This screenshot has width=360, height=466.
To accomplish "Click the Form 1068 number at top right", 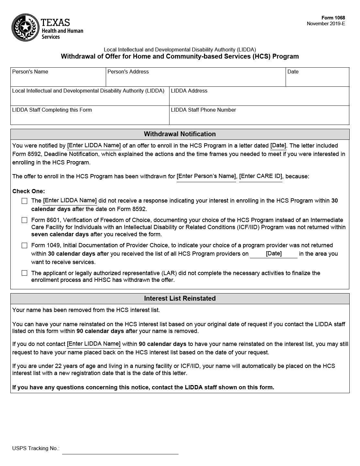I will [x=333, y=18].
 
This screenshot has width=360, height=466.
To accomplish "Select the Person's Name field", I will [x=58, y=80].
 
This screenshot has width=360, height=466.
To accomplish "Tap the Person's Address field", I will [x=196, y=80].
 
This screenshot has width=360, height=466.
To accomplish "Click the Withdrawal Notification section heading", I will [x=180, y=134].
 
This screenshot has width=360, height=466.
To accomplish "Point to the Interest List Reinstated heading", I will [x=180, y=298].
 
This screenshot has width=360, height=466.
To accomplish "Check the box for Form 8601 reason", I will [x=25, y=220].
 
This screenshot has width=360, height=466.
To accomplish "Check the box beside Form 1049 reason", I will [x=25, y=246].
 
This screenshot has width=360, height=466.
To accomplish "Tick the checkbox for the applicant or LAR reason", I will [x=25, y=273].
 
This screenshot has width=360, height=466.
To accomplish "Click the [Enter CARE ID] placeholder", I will [x=261, y=176].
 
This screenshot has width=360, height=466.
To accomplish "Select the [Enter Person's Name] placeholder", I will [x=206, y=176].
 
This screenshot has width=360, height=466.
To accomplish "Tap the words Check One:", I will [x=28, y=191].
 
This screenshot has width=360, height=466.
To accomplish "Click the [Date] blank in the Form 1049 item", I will [x=274, y=254].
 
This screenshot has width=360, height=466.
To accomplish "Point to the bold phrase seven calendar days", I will [x=60, y=234].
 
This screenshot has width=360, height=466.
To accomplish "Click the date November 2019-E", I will [x=326, y=24].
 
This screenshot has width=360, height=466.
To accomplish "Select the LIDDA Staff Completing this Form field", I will [x=90, y=118].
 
